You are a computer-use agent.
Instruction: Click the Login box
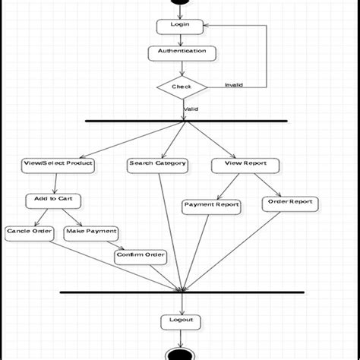pyautogui.click(x=180, y=26)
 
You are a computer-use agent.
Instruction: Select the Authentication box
pyautogui.click(x=182, y=52)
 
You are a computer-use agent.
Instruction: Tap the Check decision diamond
pyautogui.click(x=182, y=87)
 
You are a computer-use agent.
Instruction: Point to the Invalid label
pyautogui.click(x=234, y=85)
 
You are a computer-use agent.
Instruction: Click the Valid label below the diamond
pyautogui.click(x=191, y=109)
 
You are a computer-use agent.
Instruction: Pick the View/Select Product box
pyautogui.click(x=58, y=164)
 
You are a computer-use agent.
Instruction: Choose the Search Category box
pyautogui.click(x=157, y=164)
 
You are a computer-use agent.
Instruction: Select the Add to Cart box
pyautogui.click(x=53, y=201)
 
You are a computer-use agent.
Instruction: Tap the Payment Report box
pyautogui.click(x=212, y=205)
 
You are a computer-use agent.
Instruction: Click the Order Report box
pyautogui.click(x=290, y=203)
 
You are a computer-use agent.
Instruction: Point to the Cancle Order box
pyautogui.click(x=30, y=232)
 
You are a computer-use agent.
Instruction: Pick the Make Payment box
pyautogui.click(x=91, y=232)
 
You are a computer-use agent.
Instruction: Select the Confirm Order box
pyautogui.click(x=141, y=255)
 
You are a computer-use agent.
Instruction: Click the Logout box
pyautogui.click(x=182, y=321)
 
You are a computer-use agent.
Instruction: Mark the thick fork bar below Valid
pyautogui.click(x=186, y=121)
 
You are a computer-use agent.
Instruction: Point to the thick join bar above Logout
pyautogui.click(x=182, y=292)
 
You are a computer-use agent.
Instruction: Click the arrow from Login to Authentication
pyautogui.click(x=180, y=39)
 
